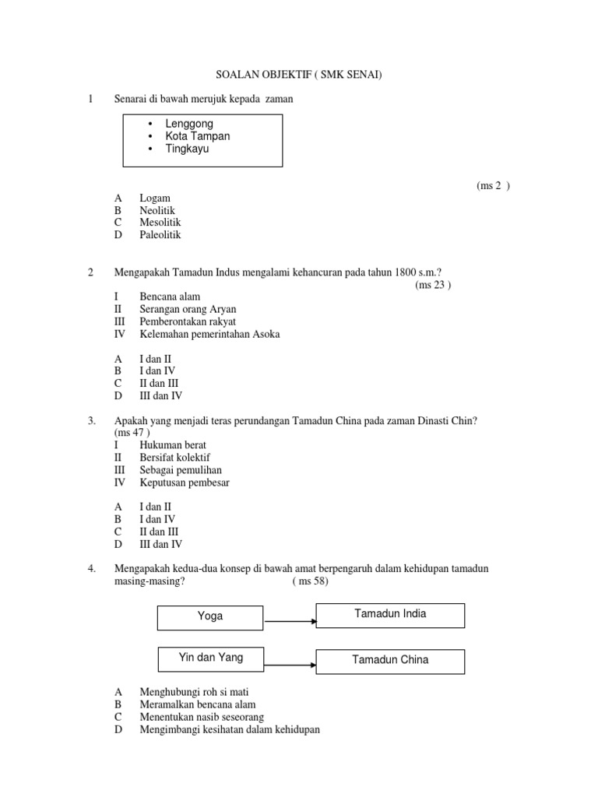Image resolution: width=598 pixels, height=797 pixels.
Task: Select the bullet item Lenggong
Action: tap(188, 124)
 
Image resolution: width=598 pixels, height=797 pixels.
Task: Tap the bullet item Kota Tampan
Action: tap(197, 136)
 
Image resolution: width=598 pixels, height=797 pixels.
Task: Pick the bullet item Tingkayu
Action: tap(187, 149)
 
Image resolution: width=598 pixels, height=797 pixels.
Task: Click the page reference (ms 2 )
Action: tap(493, 186)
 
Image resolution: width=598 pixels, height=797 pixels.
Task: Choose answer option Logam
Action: tap(155, 198)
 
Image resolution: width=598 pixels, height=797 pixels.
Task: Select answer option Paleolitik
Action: tap(160, 235)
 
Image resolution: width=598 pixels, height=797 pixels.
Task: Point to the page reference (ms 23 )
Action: tap(433, 285)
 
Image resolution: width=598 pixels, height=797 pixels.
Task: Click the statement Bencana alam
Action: tap(170, 297)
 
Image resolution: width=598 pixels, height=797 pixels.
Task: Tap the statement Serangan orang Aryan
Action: tap(188, 310)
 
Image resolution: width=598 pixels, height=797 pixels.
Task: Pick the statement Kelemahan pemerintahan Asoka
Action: tap(209, 335)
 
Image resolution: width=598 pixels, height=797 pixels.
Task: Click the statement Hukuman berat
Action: tap(173, 445)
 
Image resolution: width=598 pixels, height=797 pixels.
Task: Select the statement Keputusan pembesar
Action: tap(185, 483)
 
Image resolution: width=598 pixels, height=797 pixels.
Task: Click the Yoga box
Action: tap(209, 616)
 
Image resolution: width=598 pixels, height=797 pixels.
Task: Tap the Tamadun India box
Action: tap(389, 615)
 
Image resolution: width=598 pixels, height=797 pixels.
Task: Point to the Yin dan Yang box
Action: tap(209, 658)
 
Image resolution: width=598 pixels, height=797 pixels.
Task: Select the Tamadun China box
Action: tap(389, 661)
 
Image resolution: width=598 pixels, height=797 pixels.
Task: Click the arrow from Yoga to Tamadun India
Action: tap(289, 621)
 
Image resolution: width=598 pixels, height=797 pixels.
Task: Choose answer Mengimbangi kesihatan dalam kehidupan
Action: tap(230, 730)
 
